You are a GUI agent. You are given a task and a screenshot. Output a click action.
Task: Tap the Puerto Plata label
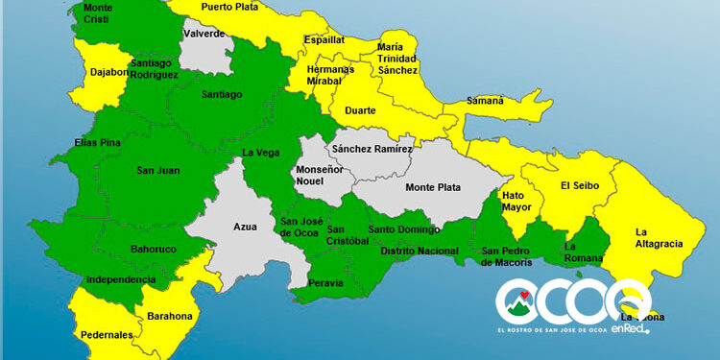click(x=229, y=7)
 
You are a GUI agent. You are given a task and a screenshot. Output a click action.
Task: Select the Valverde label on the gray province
click(x=204, y=33)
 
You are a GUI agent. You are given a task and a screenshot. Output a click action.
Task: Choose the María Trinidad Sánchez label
click(x=397, y=58)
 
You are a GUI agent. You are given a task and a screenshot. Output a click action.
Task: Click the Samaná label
click(x=484, y=100)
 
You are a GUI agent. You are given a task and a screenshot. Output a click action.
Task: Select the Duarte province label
click(x=360, y=110)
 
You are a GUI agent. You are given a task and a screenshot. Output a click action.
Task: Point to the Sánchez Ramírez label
click(x=372, y=149)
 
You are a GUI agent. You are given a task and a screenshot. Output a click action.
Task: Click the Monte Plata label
click(x=432, y=187)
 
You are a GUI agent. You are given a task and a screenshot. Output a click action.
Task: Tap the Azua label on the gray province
click(x=245, y=228)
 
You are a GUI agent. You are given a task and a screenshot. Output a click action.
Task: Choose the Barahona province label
click(x=169, y=316)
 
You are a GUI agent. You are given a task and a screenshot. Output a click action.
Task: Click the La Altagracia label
click(x=659, y=237)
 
